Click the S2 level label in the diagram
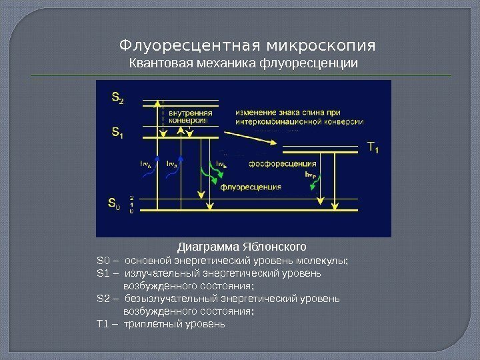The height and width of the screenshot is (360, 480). click(117, 99)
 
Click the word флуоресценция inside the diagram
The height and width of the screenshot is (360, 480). click(249, 187)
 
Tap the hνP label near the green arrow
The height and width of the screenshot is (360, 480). click(310, 174)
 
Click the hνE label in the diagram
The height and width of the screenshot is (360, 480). click(221, 162)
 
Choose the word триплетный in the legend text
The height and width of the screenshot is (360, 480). click(152, 323)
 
